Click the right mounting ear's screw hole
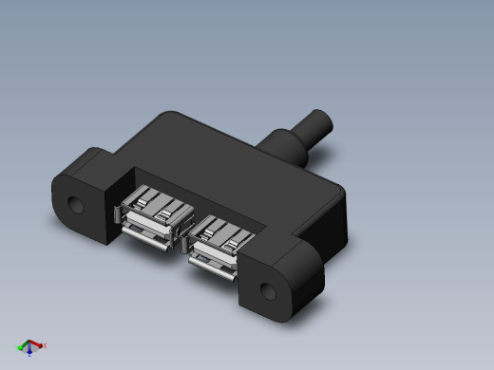tap(270, 291)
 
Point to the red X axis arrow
tap(38, 346)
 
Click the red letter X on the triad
tap(45, 346)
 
